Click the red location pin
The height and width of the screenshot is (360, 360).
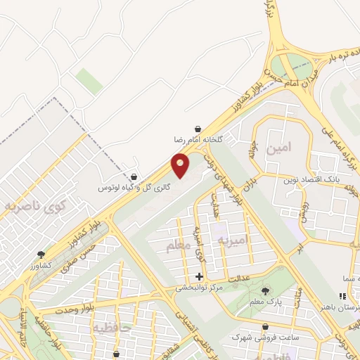(181, 166)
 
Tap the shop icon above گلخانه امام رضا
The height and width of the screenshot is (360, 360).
(200, 130)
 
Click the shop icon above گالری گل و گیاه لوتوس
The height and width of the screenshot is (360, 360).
(134, 177)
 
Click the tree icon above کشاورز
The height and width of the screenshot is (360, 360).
(41, 255)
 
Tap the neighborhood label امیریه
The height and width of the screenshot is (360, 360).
(232, 241)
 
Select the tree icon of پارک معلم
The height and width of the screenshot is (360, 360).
(265, 291)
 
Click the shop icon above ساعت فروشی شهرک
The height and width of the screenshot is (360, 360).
(266, 327)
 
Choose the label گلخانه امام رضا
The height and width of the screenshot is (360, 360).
(199, 141)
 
